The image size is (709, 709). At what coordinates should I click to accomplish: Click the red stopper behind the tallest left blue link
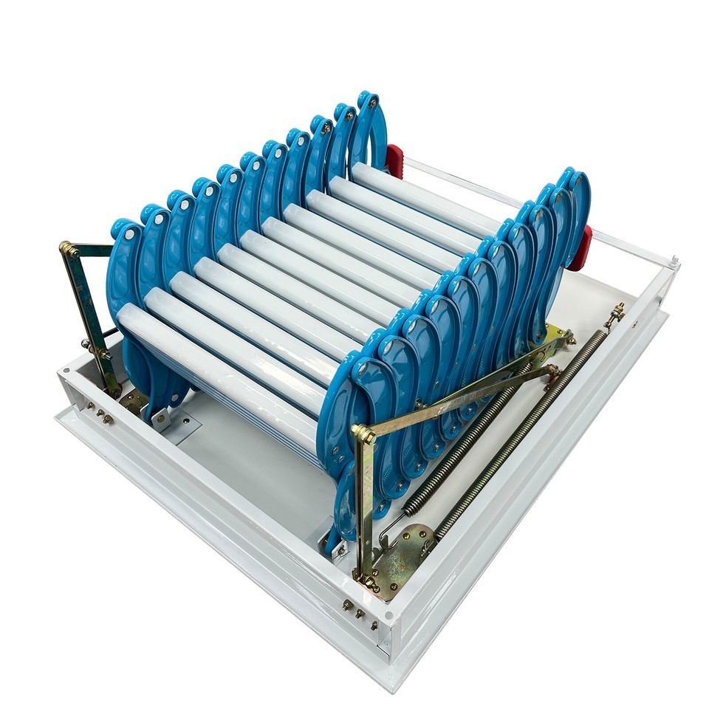tap(394, 161)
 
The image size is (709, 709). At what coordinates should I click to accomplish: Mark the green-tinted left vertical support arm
tap(89, 318)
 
